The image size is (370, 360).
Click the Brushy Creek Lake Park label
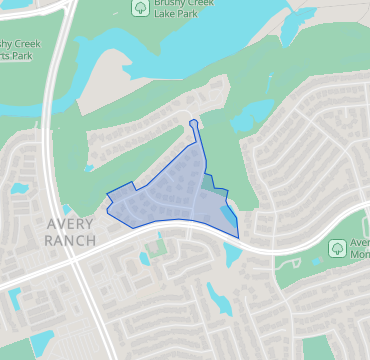pyautogui.click(x=187, y=11)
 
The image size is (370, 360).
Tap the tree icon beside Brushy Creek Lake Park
pyautogui.click(x=140, y=8)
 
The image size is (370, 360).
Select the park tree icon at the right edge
pyautogui.click(x=338, y=247)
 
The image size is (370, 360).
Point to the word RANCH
pyautogui.click(x=70, y=240)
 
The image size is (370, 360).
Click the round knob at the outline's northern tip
pyautogui.click(x=193, y=124)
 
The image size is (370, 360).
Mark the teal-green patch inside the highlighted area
pyautogui.click(x=208, y=181)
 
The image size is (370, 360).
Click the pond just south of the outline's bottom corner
pyautogui.click(x=233, y=255)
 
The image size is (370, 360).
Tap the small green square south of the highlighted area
pyautogui.click(x=157, y=244)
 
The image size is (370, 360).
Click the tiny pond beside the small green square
pyautogui.click(x=145, y=258)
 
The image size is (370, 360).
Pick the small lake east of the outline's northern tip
pyautogui.click(x=250, y=112)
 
